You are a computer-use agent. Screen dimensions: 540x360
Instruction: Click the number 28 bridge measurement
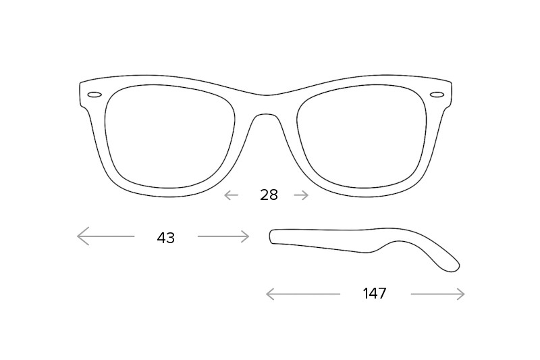pyautogui.click(x=269, y=195)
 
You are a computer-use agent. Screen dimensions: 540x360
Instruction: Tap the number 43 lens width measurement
pyautogui.click(x=165, y=238)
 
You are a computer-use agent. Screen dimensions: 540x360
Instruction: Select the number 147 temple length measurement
pyautogui.click(x=375, y=294)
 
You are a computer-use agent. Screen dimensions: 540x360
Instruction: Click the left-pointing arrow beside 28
pyautogui.click(x=231, y=195)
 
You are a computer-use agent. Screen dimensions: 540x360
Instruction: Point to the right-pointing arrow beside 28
pyautogui.click(x=301, y=195)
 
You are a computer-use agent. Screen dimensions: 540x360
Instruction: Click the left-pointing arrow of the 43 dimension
pyautogui.click(x=106, y=236)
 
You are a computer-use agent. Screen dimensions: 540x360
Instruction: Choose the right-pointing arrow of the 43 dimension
pyautogui.click(x=223, y=236)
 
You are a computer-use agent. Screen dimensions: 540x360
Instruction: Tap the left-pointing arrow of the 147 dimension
pyautogui.click(x=303, y=294)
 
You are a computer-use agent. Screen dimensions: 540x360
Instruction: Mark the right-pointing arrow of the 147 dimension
pyautogui.click(x=437, y=294)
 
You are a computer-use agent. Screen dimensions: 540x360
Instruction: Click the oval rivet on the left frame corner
pyautogui.click(x=94, y=95)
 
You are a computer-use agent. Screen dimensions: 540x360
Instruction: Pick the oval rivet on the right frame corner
pyautogui.click(x=437, y=95)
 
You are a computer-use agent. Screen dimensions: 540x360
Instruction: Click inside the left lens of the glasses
pyautogui.click(x=170, y=136)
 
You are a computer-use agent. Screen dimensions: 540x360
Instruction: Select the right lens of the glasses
pyautogui.click(x=362, y=136)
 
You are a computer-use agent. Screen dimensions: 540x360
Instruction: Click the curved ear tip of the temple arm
pyautogui.click(x=451, y=266)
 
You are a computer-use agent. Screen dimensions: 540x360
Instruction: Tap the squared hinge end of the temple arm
pyautogui.click(x=273, y=236)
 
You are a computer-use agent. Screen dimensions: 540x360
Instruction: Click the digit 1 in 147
pyautogui.click(x=366, y=294)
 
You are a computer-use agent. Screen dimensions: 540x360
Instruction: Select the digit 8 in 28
pyautogui.click(x=273, y=195)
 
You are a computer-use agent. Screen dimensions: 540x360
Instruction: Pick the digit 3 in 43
pyautogui.click(x=171, y=238)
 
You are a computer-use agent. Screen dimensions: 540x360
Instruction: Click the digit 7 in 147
pyautogui.click(x=382, y=294)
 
